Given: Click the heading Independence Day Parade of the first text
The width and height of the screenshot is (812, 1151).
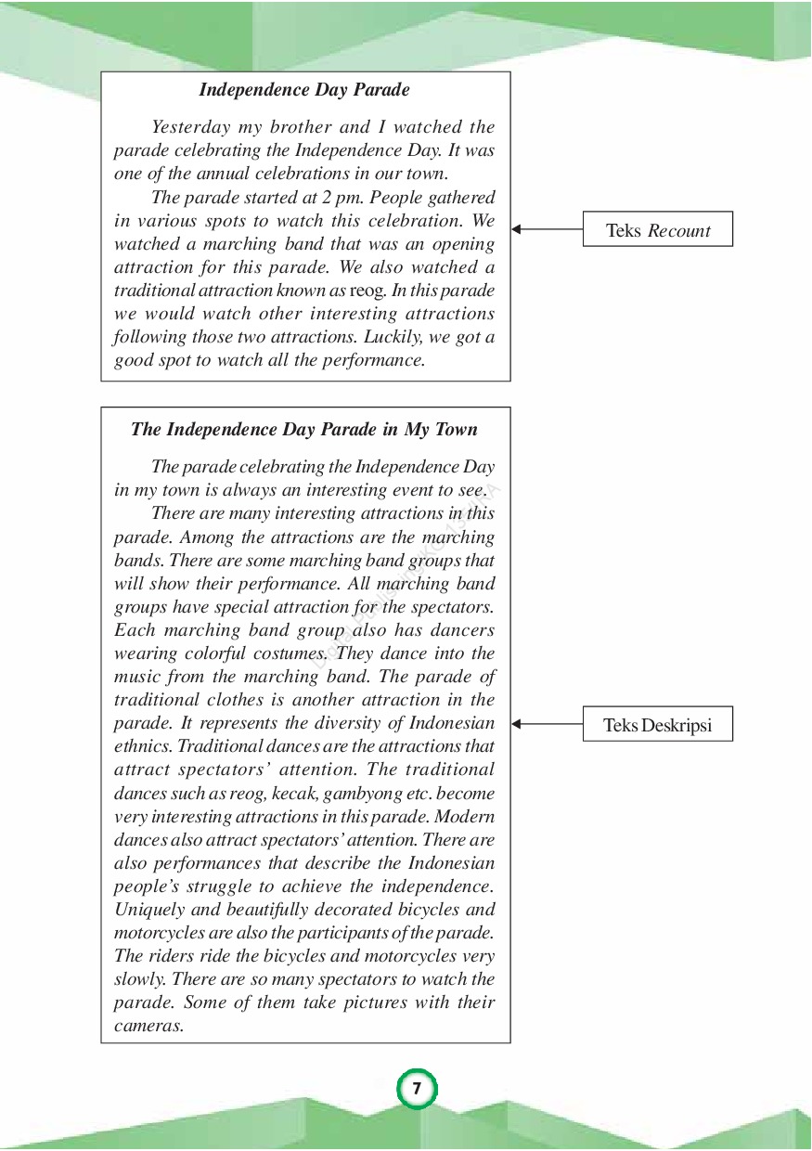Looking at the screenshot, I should [x=304, y=90].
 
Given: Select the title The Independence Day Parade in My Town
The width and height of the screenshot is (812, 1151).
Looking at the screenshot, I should [x=304, y=430].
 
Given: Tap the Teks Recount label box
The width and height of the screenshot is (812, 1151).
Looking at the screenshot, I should [x=657, y=230].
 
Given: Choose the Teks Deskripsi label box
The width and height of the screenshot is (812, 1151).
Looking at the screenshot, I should [x=657, y=725].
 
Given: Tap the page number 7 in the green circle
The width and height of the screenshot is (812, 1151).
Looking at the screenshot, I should [x=417, y=1089].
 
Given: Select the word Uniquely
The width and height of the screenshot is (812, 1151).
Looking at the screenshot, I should [x=147, y=910].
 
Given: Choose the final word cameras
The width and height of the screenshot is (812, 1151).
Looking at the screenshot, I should [x=148, y=1026].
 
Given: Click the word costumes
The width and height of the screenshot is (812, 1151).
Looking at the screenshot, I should [x=289, y=653].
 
